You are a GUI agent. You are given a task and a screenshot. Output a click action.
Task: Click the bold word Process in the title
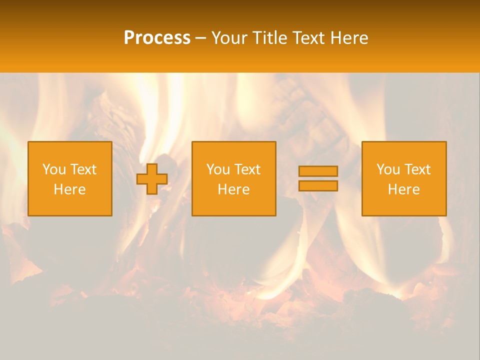pyautogui.click(x=157, y=38)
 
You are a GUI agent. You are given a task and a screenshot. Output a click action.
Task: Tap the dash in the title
pyautogui.click(x=201, y=38)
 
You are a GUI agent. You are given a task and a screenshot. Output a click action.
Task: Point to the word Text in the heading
pyautogui.click(x=311, y=38)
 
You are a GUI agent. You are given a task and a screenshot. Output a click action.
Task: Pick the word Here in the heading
pyautogui.click(x=351, y=38)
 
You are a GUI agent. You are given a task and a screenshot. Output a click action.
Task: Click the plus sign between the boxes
pyautogui.click(x=152, y=179)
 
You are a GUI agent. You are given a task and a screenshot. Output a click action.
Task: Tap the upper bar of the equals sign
pyautogui.click(x=318, y=171)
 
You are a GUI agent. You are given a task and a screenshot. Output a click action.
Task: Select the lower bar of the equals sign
pyautogui.click(x=318, y=185)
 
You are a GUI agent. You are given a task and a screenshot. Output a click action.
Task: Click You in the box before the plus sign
pyautogui.click(x=54, y=169)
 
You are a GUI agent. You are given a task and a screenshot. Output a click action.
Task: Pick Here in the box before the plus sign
pyautogui.click(x=69, y=189)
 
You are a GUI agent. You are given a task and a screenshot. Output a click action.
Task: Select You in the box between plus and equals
pyautogui.click(x=218, y=169)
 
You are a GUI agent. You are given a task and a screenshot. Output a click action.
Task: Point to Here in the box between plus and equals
pyautogui.click(x=233, y=189)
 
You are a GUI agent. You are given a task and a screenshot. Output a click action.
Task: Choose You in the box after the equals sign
pyautogui.click(x=388, y=169)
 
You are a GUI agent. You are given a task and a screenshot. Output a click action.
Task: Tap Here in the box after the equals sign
pyautogui.click(x=403, y=189)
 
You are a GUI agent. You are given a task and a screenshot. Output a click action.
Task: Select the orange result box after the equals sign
pyautogui.click(x=404, y=205)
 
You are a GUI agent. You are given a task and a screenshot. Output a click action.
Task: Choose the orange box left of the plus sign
pyautogui.click(x=70, y=205)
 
